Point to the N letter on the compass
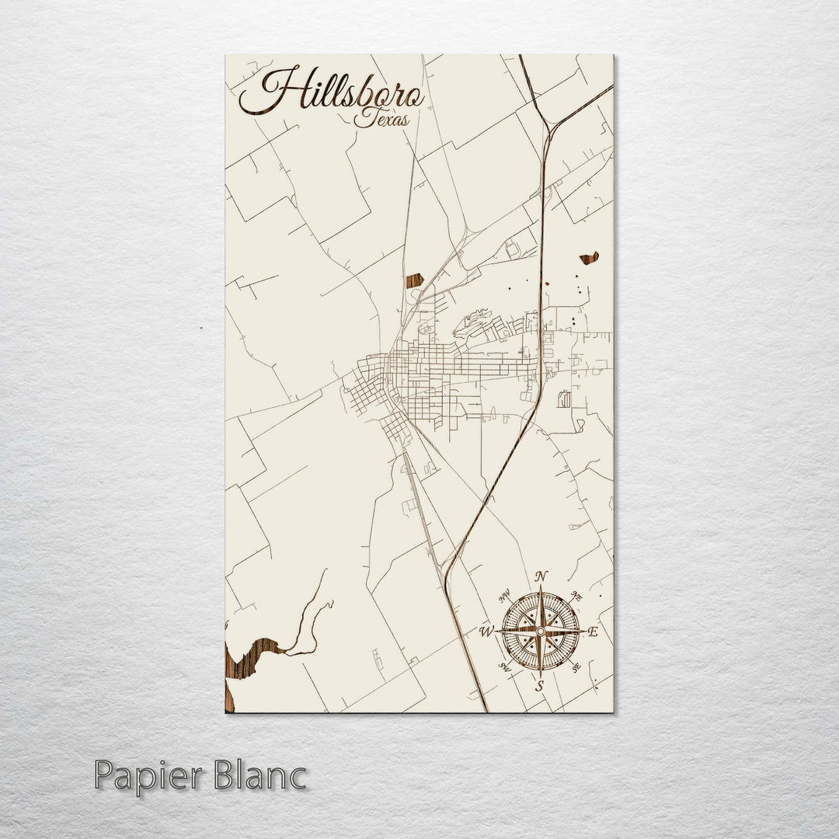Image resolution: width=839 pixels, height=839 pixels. tap(541, 576)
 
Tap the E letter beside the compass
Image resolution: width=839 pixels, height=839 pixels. tap(593, 632)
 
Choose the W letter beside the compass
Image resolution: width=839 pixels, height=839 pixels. tap(486, 631)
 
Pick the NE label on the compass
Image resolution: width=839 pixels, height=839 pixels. tap(576, 596)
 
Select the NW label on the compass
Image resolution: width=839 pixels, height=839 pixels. tap(505, 597)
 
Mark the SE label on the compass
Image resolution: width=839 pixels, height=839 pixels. tap(576, 667)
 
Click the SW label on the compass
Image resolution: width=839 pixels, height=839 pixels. tap(504, 667)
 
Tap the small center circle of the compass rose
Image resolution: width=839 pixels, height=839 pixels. tap(540, 632)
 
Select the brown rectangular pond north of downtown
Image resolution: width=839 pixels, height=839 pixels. tap(414, 280)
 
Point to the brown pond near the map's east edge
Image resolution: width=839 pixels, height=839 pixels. tap(590, 258)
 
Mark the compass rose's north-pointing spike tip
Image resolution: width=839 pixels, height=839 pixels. tap(541, 587)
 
